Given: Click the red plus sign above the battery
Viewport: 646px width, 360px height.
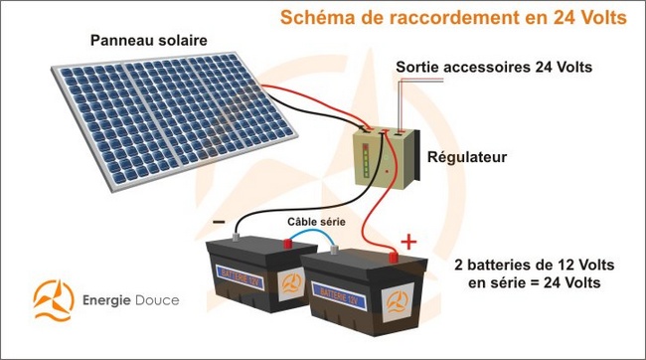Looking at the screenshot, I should click(407, 242).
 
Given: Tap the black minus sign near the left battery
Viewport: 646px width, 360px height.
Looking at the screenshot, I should click(218, 221).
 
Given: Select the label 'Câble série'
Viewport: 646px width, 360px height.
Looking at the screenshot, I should click(316, 221).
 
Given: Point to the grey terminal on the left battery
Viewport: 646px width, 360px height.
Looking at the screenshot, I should click(236, 238).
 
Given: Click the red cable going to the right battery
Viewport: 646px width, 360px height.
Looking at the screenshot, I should click(373, 224).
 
